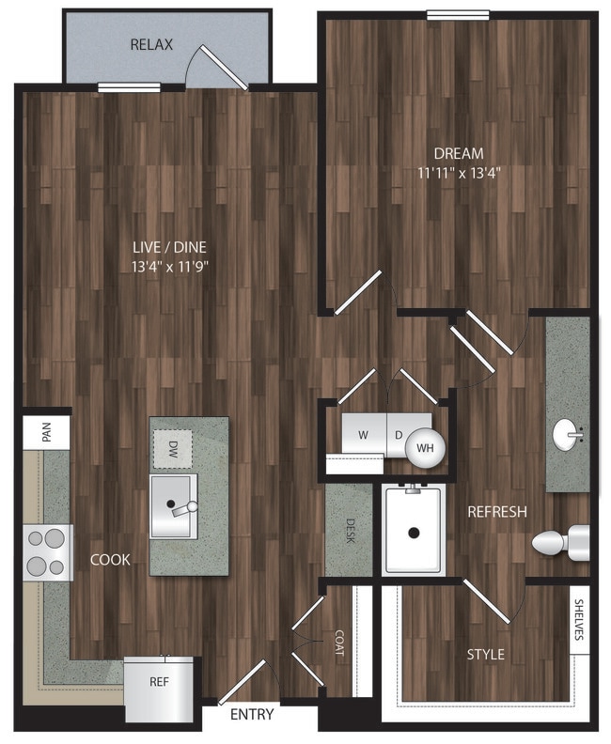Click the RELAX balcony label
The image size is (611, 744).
click(x=151, y=44)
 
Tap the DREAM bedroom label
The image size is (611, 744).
click(x=459, y=153)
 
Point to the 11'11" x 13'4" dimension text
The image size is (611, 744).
click(x=459, y=173)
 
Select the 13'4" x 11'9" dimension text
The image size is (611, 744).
click(x=170, y=267)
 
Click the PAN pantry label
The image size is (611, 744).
click(x=46, y=432)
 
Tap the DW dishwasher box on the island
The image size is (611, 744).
click(x=173, y=449)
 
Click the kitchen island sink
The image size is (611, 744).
click(x=174, y=506)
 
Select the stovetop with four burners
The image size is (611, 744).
click(x=48, y=552)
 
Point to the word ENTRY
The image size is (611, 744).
click(x=252, y=714)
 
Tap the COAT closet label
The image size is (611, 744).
click(x=339, y=643)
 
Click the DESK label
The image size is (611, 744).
click(x=351, y=531)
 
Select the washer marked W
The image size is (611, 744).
click(x=363, y=435)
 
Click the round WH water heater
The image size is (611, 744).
click(x=426, y=447)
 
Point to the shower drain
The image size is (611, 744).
click(x=414, y=533)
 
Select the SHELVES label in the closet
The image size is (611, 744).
click(x=579, y=620)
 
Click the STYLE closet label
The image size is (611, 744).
click(x=486, y=655)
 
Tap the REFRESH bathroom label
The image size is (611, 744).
click(x=497, y=511)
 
